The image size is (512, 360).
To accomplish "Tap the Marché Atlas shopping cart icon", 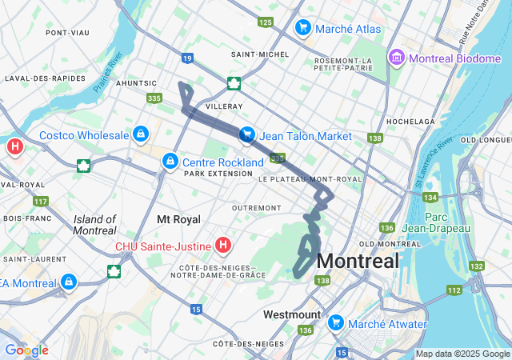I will (302, 29).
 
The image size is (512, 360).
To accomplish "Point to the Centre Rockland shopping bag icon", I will (170, 162).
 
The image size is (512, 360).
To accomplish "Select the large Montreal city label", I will (358, 261).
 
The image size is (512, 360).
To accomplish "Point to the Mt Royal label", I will (178, 218).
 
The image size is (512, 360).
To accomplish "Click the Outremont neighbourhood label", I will (234, 207).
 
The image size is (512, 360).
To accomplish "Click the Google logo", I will (26, 350).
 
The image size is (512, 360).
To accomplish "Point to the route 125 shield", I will (266, 22).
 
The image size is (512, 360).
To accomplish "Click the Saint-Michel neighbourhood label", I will (254, 54).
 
